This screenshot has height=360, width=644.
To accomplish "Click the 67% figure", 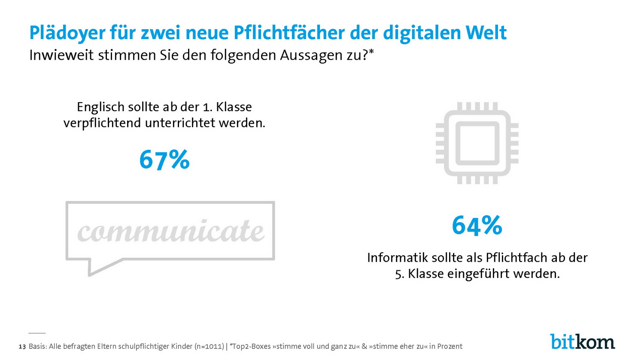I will coord(164,160).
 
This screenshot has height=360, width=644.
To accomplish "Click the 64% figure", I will coord(477,225).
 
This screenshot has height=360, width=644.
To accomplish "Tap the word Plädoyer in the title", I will coord(67,33).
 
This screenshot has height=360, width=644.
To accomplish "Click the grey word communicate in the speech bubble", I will coord(170,231).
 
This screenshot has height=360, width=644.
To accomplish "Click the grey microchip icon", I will coord(477,143).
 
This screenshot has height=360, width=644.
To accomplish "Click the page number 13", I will coord(22,346).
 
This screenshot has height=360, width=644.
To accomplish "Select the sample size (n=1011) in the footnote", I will coord(209,346).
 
